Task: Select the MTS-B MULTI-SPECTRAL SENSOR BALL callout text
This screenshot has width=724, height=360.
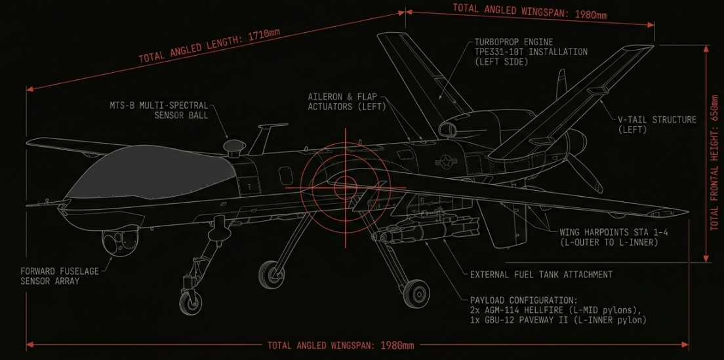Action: [x=159, y=110]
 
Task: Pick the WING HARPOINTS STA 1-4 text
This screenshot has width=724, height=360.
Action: [x=614, y=232]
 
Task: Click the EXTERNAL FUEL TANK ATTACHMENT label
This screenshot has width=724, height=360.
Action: [x=541, y=275]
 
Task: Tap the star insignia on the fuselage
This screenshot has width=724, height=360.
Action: [x=446, y=161]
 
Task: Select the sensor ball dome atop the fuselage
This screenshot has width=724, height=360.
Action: [x=233, y=146]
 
